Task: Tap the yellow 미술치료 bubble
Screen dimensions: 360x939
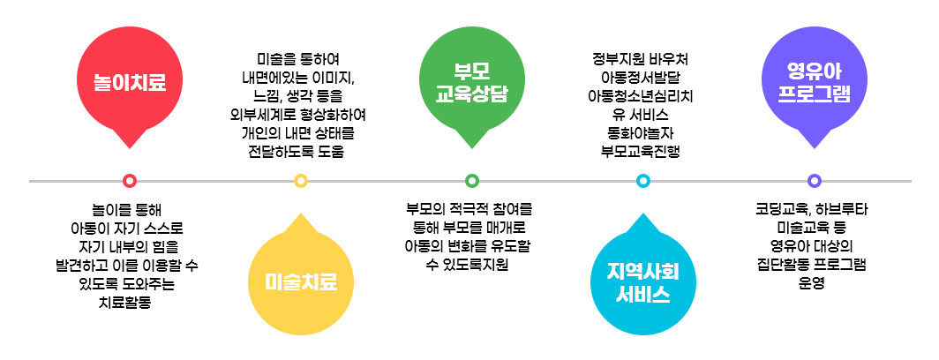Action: click(301, 281)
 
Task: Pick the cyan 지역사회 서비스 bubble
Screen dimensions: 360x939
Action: click(642, 281)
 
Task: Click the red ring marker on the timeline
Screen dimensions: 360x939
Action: click(130, 181)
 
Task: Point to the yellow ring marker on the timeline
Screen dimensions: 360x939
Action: click(301, 181)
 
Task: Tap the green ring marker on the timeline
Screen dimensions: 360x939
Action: click(471, 181)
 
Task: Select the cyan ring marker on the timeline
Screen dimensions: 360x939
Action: click(642, 181)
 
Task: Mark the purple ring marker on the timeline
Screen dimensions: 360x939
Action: click(814, 181)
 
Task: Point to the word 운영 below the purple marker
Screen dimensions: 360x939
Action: click(813, 283)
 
